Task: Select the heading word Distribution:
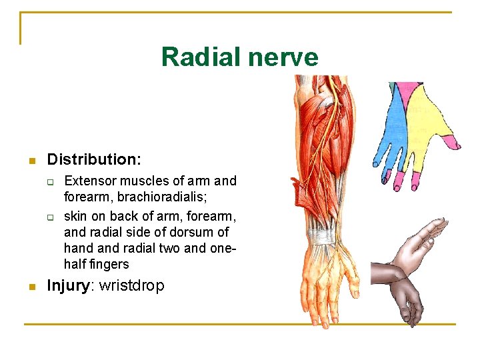point(94,159)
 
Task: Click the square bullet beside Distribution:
point(31,161)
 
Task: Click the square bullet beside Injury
point(31,287)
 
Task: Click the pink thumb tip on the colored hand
point(454,141)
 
